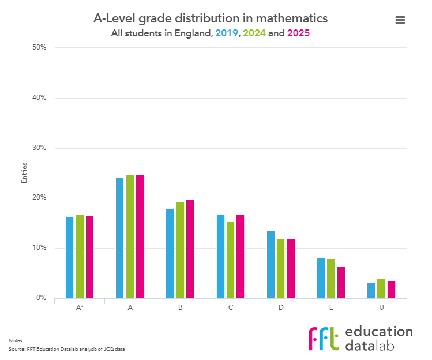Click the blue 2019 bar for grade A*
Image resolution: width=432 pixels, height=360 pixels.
tap(69, 258)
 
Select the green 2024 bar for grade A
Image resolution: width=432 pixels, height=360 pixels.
tap(130, 237)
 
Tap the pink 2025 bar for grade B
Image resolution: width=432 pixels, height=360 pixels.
tap(190, 249)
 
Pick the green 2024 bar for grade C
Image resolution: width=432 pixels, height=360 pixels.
tap(230, 260)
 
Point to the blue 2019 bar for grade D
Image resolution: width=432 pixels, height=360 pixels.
tap(271, 265)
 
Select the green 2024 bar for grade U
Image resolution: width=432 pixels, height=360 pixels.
tap(381, 288)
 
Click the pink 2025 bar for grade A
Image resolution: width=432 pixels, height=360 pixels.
tap(140, 237)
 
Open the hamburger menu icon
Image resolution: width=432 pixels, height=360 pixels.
tap(400, 20)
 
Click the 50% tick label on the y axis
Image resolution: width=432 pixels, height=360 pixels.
tap(39, 47)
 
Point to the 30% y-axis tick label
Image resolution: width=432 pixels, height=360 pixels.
tap(39, 148)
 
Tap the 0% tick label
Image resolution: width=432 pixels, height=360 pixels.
tap(40, 298)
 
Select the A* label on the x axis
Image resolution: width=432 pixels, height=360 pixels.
tap(80, 307)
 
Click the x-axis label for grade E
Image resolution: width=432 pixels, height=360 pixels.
tap(331, 307)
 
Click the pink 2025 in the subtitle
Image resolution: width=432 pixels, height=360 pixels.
tap(299, 33)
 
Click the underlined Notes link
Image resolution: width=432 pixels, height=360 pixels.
tap(15, 341)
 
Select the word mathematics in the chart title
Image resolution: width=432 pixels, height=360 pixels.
tap(292, 18)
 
